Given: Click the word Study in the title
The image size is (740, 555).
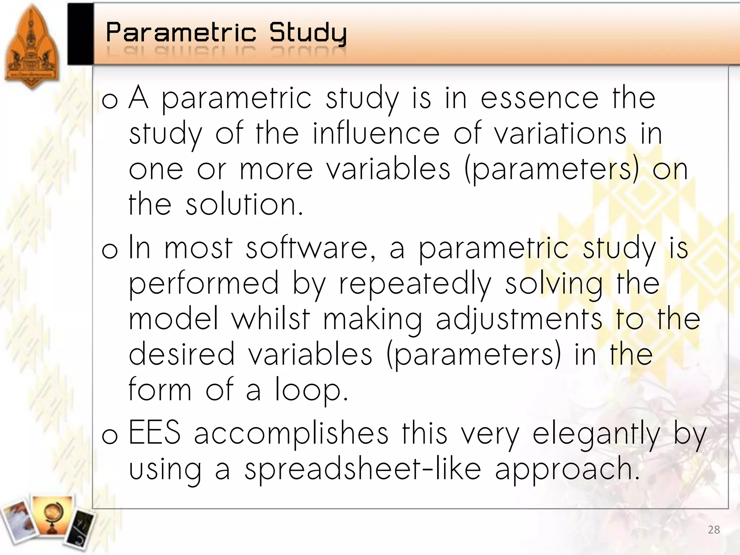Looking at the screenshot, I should tap(308, 33).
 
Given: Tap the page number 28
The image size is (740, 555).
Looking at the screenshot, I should tap(714, 530).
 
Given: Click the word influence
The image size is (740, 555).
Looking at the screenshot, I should tap(376, 134).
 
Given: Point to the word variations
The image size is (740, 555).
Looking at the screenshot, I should tap(560, 134).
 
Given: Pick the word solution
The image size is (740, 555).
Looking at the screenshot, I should tap(244, 205).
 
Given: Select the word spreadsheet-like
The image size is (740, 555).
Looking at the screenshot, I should tap(363, 470).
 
